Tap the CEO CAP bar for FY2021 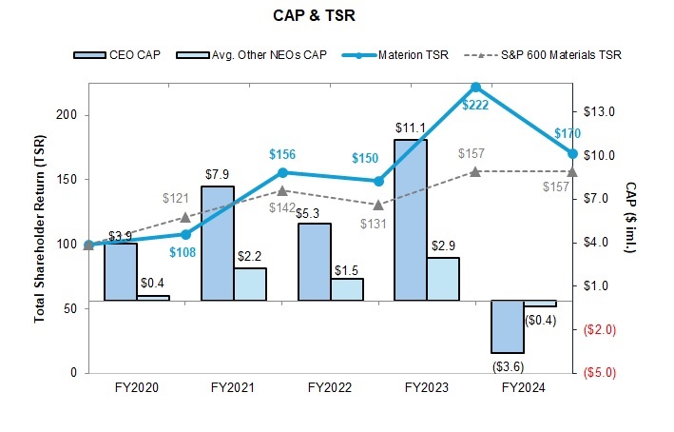coord(217,243)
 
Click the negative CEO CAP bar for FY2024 coord(507,326)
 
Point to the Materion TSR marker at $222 coord(475,88)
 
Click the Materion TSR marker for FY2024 coord(572,153)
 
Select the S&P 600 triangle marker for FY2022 coord(378,205)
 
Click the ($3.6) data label coord(507,364)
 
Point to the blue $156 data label coord(283,154)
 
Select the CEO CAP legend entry coord(119,54)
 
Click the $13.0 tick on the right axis coord(600,110)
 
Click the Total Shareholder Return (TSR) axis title coord(40,228)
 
